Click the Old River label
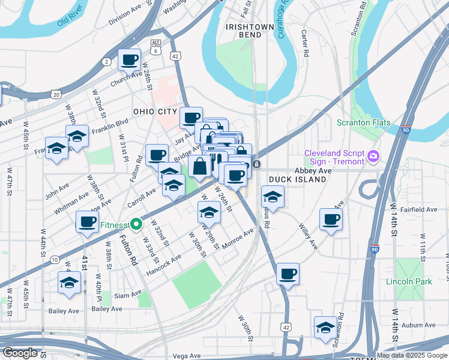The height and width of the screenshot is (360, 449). (69, 22)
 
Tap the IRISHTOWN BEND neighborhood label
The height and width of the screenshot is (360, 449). (243, 31)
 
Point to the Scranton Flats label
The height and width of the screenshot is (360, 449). (363, 123)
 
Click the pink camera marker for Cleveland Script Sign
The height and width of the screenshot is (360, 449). (373, 156)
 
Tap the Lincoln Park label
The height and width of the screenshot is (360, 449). (409, 281)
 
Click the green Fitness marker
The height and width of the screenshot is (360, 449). (136, 225)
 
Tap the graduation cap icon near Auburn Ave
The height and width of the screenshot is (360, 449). (325, 326)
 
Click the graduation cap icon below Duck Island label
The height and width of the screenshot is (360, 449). (272, 196)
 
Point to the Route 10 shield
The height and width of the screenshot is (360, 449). (55, 259)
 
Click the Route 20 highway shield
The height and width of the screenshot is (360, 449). (56, 94)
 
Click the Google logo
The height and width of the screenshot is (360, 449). (20, 353)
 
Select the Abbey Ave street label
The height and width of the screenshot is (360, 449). (313, 171)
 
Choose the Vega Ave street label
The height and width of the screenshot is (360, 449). (186, 356)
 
